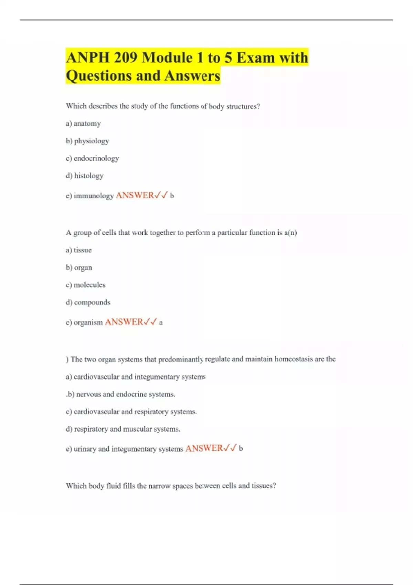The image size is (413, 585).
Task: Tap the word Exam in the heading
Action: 255,57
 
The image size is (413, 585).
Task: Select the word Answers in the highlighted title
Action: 192,76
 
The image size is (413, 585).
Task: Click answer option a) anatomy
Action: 83,124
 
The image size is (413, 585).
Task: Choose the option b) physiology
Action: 87,141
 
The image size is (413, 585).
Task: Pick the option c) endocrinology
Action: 92,158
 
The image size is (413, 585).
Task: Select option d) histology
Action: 85,176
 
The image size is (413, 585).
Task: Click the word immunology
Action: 94,196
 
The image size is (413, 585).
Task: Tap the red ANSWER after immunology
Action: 135,195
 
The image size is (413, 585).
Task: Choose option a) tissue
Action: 79,250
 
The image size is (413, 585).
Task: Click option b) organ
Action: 79,268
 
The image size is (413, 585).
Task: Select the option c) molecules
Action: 86,285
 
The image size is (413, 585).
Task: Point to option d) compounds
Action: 88,302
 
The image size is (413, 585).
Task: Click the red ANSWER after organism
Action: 124,322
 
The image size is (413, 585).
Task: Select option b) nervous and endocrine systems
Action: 121,394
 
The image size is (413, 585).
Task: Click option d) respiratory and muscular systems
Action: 123,429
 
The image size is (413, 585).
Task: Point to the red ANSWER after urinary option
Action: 204,448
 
